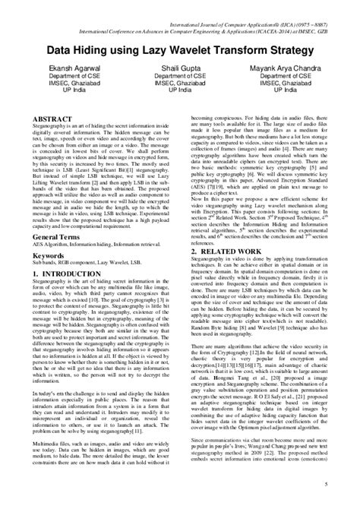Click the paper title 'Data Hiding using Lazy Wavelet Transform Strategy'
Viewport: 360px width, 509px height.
(x=180, y=50)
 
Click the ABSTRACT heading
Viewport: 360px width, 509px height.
(x=54, y=120)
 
